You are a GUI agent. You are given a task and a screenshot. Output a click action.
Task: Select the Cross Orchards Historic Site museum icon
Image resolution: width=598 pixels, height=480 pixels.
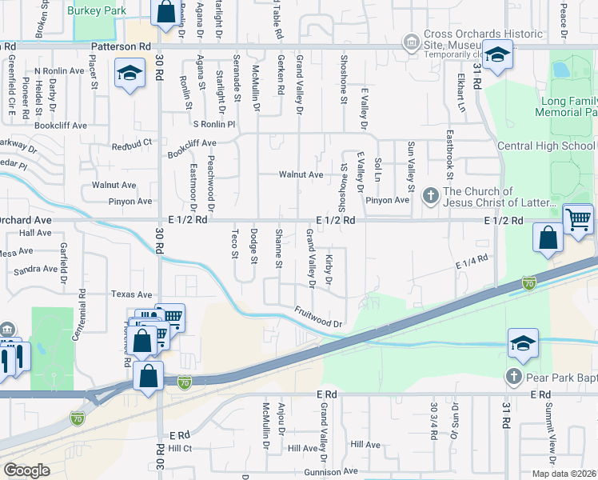pyautogui.click(x=411, y=41)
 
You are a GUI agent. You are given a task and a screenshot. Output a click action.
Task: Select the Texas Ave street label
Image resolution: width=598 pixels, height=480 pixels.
pyautogui.click(x=131, y=294)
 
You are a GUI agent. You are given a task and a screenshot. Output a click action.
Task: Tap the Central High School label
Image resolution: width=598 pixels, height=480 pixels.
pyautogui.click(x=545, y=146)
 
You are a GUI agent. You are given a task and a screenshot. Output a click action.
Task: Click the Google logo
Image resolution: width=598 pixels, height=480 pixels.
pyautogui.click(x=26, y=470)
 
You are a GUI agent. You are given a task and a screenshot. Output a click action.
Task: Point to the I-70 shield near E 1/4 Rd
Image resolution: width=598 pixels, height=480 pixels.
pyautogui.click(x=528, y=283)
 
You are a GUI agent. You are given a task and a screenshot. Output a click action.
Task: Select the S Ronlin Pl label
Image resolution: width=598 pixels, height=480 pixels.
pyautogui.click(x=214, y=124)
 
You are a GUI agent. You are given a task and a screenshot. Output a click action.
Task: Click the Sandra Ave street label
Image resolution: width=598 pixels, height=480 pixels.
pyautogui.click(x=36, y=270)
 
